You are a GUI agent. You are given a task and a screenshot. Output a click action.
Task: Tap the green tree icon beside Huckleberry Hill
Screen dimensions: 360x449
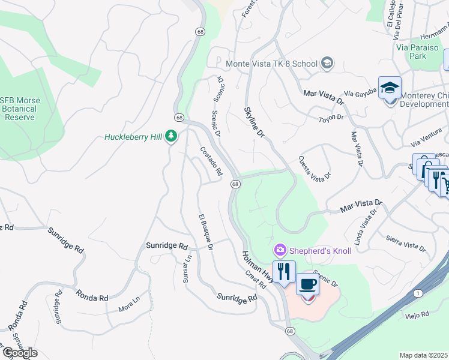172,137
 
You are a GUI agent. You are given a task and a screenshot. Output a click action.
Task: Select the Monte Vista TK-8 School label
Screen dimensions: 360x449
272,63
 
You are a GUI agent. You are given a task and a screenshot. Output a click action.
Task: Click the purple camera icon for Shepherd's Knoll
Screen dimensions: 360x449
280,250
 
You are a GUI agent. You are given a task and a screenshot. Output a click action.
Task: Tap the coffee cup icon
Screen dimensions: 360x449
308,284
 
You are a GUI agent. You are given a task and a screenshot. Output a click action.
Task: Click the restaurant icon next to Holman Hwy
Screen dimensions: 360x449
284,271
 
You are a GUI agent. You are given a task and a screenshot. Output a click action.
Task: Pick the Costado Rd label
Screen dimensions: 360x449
211,161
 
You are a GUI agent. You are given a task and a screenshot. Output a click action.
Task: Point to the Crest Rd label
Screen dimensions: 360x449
256,279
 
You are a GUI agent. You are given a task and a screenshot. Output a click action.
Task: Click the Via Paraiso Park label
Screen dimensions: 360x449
409,52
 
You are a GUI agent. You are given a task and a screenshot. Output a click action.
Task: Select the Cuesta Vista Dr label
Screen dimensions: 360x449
315,168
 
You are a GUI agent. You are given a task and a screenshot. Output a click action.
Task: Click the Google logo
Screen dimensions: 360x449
20,353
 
